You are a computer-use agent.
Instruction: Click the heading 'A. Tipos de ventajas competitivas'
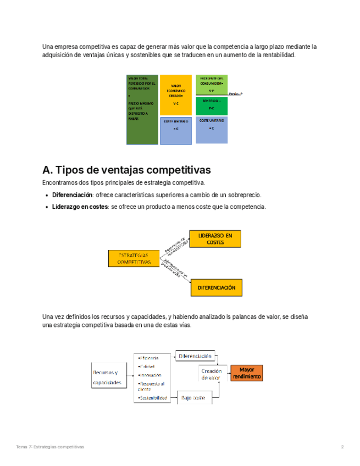[x=126, y=169]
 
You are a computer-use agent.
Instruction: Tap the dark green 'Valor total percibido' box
[x=142, y=109]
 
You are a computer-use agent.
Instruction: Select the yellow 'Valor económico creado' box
[x=176, y=95]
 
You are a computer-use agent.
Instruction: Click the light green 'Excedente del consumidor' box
[x=212, y=85]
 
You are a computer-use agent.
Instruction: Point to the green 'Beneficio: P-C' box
[x=212, y=105]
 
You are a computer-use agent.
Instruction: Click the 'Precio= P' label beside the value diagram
[x=235, y=94]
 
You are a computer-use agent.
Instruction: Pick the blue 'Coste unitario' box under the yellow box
[x=176, y=130]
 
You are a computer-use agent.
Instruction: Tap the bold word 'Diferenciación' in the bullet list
[x=73, y=195]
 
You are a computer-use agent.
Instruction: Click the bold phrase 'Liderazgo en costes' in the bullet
[x=80, y=207]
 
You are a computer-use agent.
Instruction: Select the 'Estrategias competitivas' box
[x=134, y=258]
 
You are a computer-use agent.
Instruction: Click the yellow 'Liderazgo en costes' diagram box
[x=215, y=238]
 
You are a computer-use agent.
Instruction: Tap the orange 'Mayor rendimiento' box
[x=247, y=374]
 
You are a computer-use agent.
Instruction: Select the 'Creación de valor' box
[x=211, y=374]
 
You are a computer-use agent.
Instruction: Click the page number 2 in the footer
[x=342, y=447]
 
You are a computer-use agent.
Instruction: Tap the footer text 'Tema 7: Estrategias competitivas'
[x=50, y=447]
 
